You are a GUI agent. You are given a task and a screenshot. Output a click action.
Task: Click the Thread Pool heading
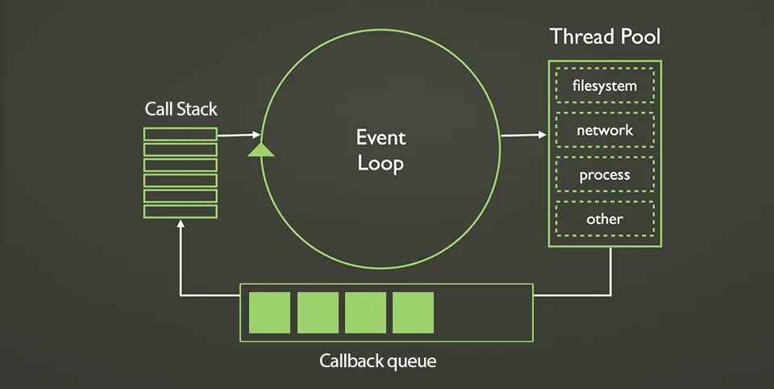click(605, 36)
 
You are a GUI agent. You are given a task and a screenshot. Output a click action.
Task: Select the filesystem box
click(605, 86)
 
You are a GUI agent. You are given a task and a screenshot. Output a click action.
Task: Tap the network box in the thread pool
click(605, 130)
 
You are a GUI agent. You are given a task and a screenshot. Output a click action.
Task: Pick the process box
click(605, 174)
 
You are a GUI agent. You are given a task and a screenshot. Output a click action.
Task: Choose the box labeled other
click(605, 219)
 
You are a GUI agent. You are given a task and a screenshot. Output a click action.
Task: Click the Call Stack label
click(181, 109)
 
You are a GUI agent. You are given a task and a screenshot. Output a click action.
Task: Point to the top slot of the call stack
click(181, 134)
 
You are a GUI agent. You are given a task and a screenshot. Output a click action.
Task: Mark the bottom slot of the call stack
click(181, 211)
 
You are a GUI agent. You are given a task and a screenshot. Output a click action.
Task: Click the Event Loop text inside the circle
click(381, 150)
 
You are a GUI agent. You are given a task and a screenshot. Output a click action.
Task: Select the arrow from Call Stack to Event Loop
click(239, 135)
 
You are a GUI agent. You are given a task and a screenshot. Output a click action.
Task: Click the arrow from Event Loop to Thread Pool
click(523, 135)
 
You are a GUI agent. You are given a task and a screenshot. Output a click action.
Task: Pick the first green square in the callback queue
click(269, 312)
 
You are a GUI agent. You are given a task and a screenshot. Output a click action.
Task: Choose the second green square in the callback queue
click(318, 312)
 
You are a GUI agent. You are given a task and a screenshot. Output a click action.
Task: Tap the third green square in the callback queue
click(365, 312)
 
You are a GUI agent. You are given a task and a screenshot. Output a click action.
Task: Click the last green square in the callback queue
click(413, 312)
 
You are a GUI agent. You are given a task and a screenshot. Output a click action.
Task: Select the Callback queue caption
click(377, 361)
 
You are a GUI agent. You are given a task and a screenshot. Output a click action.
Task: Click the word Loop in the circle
click(381, 164)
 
